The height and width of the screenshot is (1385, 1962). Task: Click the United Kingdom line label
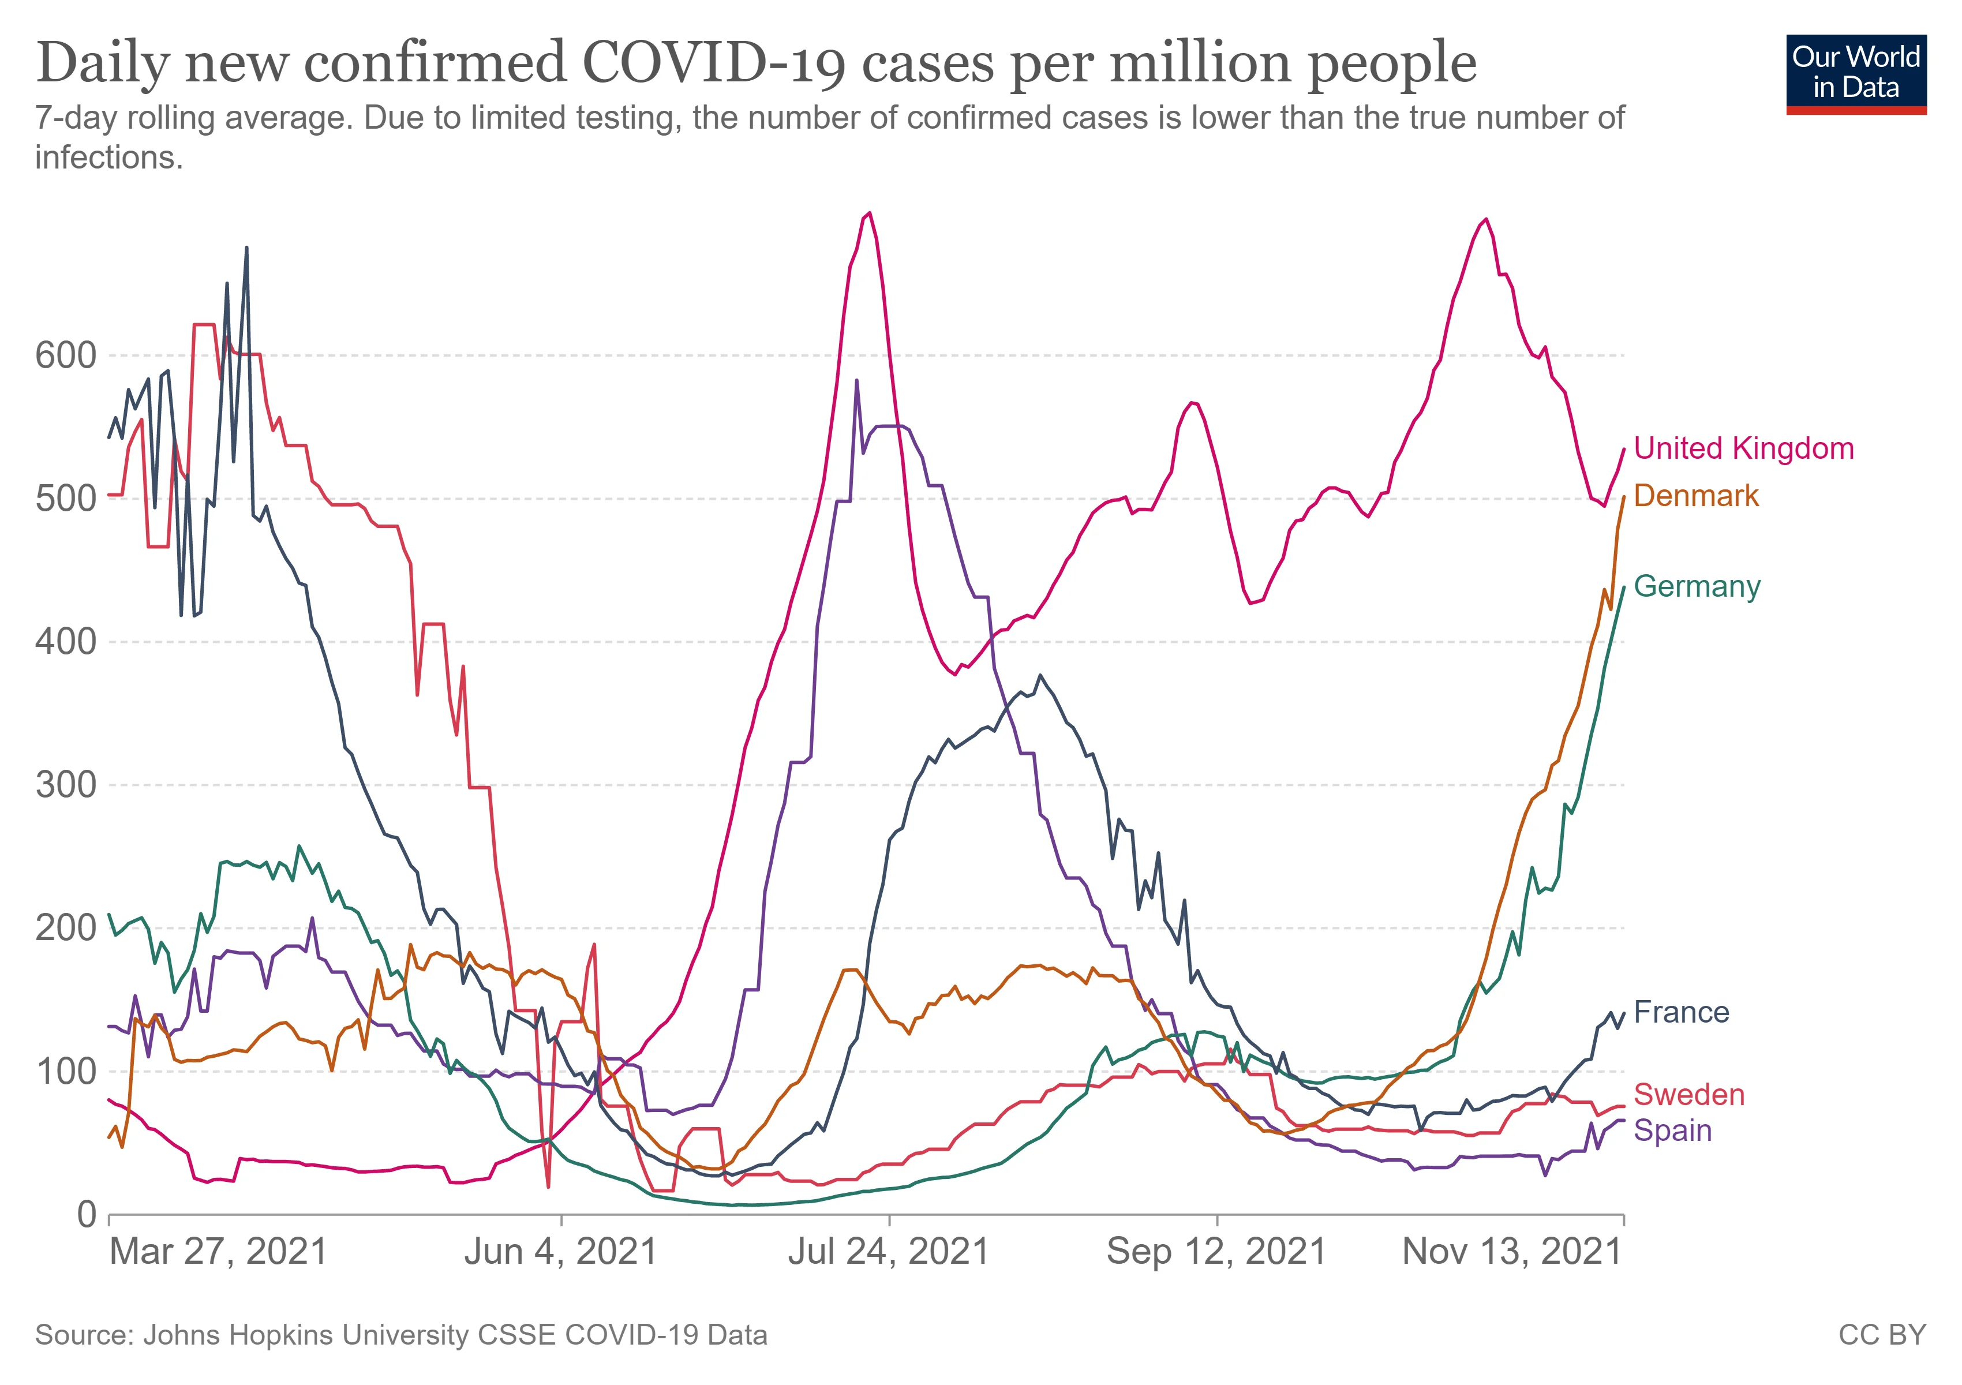[1743, 448]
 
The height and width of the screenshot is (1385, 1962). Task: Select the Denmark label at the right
[1695, 496]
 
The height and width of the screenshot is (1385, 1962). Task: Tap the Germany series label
[1696, 586]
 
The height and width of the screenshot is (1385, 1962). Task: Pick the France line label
[1681, 1012]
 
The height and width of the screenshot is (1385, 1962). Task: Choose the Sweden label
[1688, 1095]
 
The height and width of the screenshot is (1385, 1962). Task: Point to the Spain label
[1672, 1131]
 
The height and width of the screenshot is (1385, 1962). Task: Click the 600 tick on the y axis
[66, 355]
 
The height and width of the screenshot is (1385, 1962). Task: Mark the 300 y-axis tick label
[66, 785]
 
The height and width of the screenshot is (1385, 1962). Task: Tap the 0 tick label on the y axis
[87, 1214]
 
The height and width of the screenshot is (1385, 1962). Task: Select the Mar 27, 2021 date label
[219, 1252]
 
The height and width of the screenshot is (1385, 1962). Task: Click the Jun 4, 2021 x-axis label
[560, 1252]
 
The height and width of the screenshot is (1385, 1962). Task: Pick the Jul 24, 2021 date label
[889, 1252]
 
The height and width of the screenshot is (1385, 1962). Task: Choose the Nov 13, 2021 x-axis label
[1512, 1252]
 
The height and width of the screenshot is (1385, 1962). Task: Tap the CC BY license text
[1882, 1335]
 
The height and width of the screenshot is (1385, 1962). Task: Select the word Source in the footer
[83, 1335]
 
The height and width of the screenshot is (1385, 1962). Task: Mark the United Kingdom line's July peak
[869, 213]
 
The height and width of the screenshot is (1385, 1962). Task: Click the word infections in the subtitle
[108, 157]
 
